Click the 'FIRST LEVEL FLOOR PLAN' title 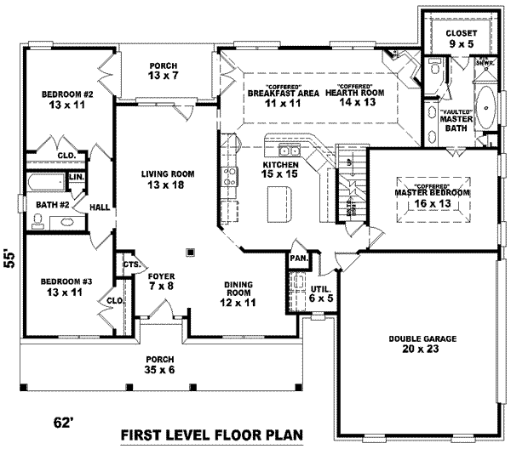click(x=211, y=435)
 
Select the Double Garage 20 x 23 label click(x=422, y=343)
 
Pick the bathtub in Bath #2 click(x=45, y=183)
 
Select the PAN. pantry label click(x=298, y=258)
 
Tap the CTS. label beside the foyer click(x=131, y=264)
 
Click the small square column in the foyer click(x=190, y=251)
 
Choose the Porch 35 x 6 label click(x=160, y=364)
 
